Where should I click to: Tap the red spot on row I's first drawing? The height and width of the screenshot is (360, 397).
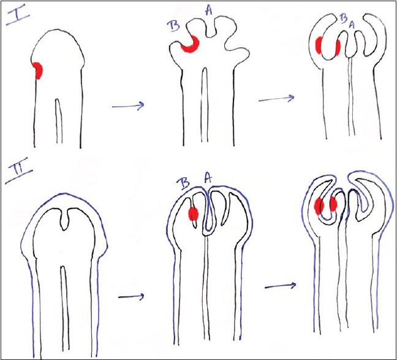click(x=37, y=71)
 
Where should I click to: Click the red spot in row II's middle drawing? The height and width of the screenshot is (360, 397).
click(x=193, y=213)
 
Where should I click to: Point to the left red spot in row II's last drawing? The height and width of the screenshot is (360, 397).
click(x=319, y=205)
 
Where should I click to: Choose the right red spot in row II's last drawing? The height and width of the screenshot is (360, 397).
click(x=334, y=204)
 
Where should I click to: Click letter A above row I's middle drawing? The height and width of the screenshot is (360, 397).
click(x=208, y=9)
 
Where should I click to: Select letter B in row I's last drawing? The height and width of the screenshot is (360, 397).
click(x=342, y=18)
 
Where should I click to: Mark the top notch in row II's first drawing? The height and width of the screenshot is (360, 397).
click(x=67, y=219)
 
